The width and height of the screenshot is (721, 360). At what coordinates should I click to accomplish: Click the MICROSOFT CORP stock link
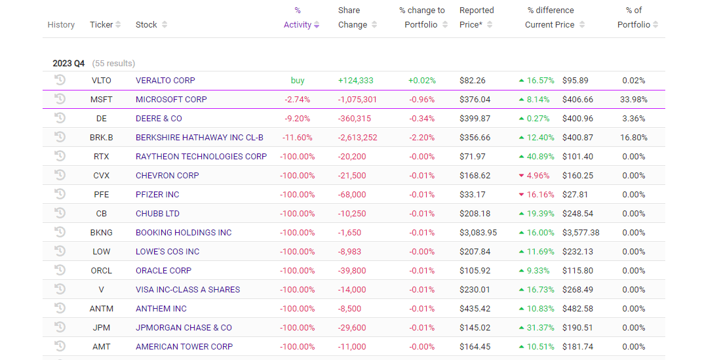(x=171, y=100)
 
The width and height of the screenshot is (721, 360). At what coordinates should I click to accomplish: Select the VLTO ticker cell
(x=101, y=81)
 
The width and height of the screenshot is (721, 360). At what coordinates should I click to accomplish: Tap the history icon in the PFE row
(x=60, y=194)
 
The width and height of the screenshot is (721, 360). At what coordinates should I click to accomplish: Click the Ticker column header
(x=101, y=25)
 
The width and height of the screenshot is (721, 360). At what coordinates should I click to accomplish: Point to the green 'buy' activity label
(x=298, y=81)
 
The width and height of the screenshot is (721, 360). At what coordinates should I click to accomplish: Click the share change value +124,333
(x=355, y=81)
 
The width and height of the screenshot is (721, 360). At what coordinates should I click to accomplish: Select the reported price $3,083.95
(x=478, y=233)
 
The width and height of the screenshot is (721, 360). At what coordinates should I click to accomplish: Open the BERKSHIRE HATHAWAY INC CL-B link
(x=199, y=138)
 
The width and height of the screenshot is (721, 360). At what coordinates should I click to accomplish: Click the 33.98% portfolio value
(x=634, y=100)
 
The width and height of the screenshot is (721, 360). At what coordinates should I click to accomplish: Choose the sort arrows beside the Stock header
(x=165, y=25)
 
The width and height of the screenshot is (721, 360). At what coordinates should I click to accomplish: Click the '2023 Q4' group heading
(x=69, y=64)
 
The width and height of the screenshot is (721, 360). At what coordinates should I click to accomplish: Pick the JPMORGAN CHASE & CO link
(x=184, y=328)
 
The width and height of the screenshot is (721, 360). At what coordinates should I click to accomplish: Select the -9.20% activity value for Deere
(x=298, y=119)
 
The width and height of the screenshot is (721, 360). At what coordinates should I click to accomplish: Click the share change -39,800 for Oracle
(x=353, y=271)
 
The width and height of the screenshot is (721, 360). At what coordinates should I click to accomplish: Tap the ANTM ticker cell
(x=101, y=309)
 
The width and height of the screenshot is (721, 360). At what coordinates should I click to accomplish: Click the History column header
(x=61, y=25)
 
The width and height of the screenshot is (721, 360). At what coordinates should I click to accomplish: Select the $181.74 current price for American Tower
(x=577, y=347)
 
